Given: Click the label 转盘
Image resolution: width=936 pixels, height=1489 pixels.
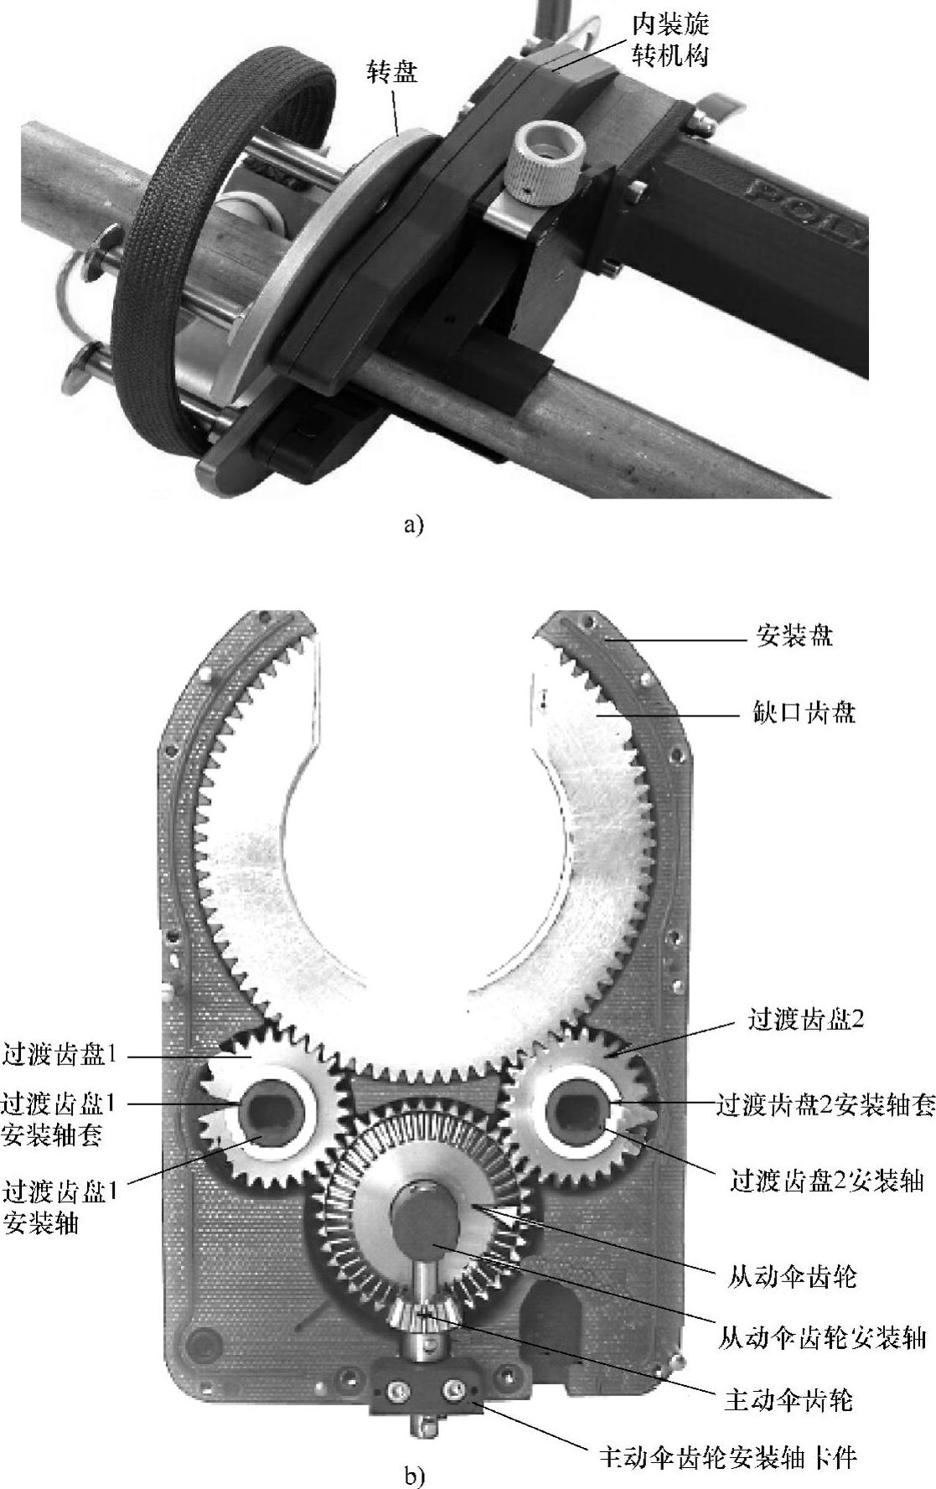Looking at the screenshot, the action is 392,72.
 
